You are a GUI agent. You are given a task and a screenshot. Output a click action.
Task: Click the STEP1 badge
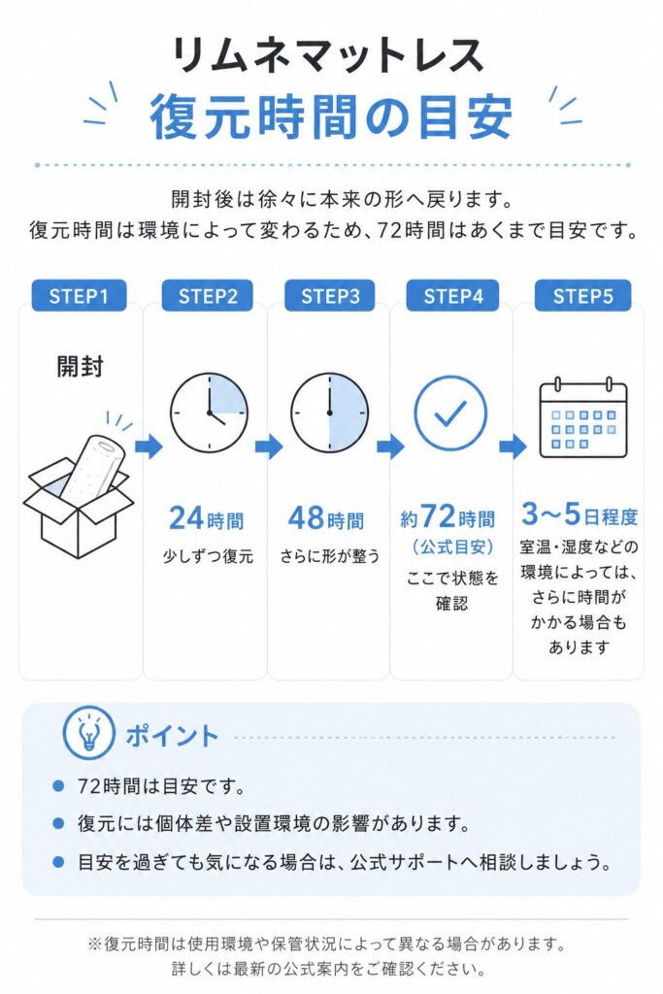[79, 296]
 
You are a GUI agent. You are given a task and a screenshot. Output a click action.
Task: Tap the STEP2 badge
[208, 296]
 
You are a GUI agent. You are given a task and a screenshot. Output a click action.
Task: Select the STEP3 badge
[330, 296]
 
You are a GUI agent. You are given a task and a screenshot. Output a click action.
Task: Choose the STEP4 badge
[452, 296]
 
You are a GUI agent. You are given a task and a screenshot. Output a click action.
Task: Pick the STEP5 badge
[582, 296]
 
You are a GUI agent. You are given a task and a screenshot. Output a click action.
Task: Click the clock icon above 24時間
[209, 413]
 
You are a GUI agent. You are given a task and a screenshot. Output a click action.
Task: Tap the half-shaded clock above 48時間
[330, 413]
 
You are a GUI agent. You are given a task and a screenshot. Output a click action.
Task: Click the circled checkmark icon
[450, 413]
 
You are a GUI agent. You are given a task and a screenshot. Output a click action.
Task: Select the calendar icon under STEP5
[582, 418]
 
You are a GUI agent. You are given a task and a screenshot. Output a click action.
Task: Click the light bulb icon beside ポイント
[88, 734]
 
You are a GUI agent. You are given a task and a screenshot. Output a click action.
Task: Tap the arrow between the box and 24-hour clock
[149, 447]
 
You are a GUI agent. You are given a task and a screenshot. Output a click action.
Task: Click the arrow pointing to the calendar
[513, 447]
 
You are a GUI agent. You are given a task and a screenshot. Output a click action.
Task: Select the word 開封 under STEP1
[80, 366]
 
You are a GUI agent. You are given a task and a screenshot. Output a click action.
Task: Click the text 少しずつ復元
[208, 556]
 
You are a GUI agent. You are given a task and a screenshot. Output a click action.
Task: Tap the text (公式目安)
[452, 547]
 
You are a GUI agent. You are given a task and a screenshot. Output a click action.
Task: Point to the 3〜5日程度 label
[580, 514]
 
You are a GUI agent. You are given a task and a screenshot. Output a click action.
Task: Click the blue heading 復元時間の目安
[331, 116]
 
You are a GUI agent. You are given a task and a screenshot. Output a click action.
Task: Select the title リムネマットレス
[328, 55]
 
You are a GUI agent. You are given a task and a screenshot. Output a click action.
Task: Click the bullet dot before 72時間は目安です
[58, 786]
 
